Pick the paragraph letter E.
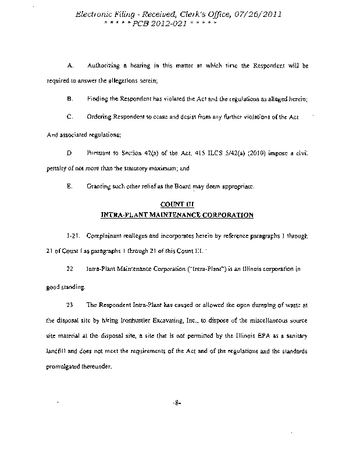(x=69, y=187)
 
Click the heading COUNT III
(x=176, y=204)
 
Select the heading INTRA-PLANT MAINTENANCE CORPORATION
(x=177, y=215)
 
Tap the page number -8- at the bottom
(x=178, y=402)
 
